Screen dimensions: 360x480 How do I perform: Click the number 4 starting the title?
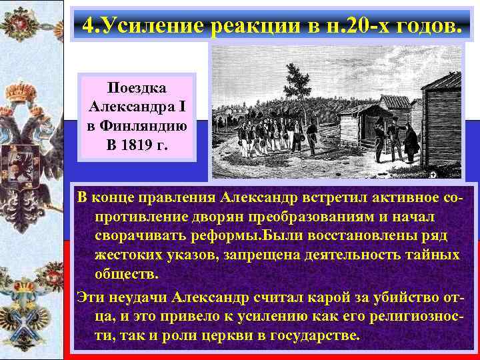tap(88, 26)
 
